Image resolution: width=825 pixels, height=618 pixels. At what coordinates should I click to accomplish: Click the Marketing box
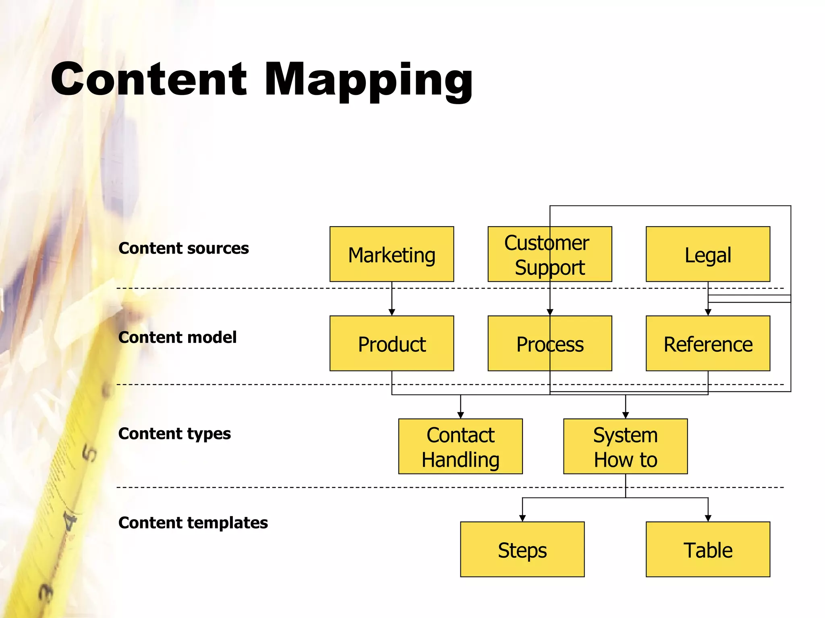point(392,254)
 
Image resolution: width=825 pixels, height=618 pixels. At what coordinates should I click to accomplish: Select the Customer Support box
point(549,254)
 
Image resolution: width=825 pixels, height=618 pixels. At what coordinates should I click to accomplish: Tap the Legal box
point(708,254)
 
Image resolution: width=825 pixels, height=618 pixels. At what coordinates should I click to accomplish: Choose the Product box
point(392,344)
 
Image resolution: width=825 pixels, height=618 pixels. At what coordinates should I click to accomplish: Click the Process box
point(549,344)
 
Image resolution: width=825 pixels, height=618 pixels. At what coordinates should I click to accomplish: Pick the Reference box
point(708,344)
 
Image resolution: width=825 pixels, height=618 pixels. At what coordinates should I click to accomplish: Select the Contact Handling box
point(460,447)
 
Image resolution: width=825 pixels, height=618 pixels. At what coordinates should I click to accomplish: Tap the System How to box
point(625,447)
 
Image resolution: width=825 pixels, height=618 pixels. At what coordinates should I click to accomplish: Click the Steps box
point(522,550)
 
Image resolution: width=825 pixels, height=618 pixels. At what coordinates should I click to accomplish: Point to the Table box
point(708,550)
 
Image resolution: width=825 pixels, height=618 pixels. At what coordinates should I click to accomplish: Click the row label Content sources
point(184,248)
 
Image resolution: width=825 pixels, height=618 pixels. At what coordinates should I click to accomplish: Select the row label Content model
point(177,338)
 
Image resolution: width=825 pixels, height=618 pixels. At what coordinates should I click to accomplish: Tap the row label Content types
point(174,434)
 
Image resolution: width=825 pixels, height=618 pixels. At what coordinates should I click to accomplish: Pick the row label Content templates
point(193,523)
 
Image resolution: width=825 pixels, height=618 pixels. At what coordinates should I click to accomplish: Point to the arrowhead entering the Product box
point(392,312)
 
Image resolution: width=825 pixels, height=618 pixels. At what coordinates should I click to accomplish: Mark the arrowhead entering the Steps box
point(522,518)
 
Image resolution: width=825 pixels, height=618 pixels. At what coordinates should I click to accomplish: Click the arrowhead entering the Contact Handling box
point(460,415)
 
